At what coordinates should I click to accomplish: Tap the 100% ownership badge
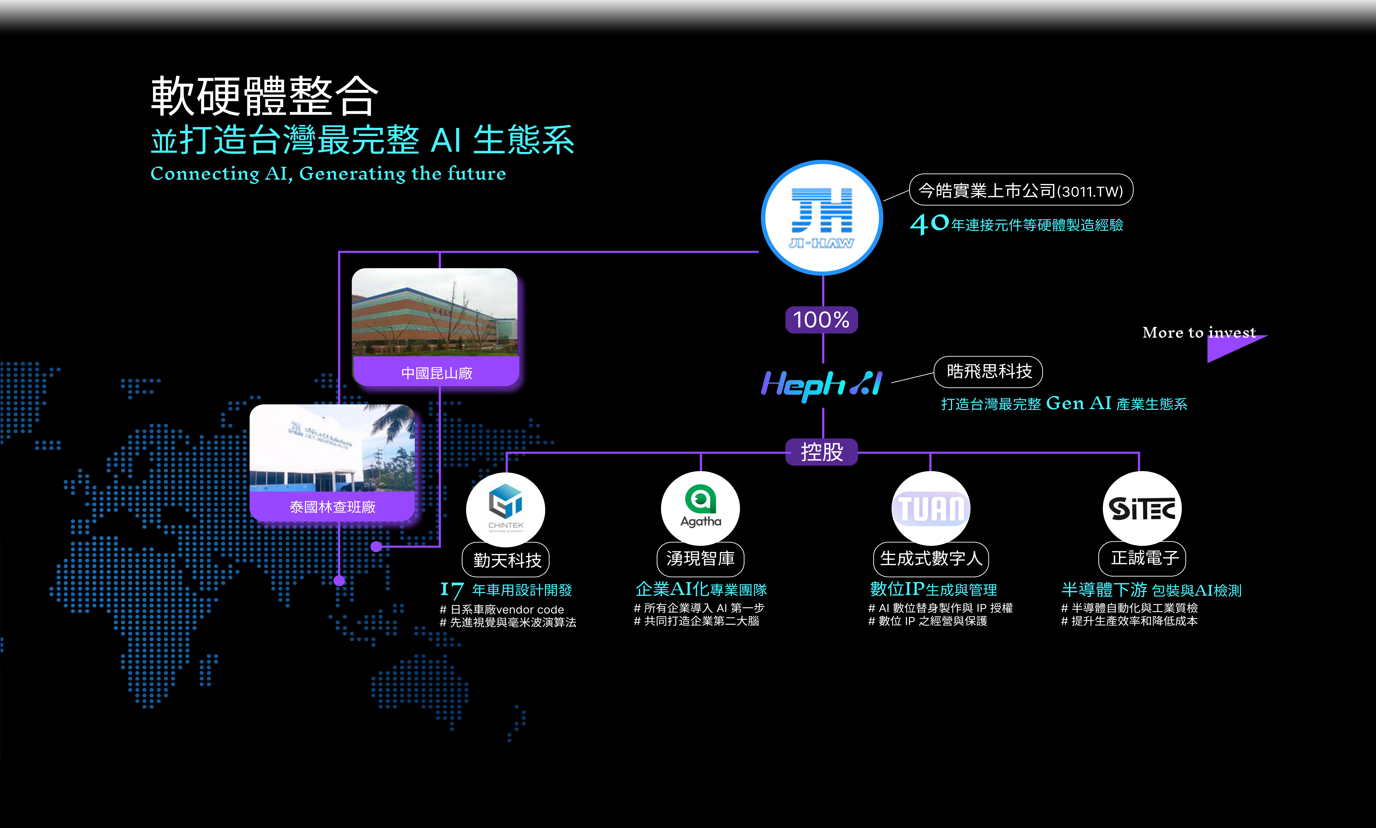coord(822,320)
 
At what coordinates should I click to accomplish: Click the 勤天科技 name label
coord(506,560)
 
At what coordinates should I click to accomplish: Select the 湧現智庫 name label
coord(701,559)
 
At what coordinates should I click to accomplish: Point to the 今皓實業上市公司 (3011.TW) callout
coord(1021,190)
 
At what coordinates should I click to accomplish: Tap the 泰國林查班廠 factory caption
coord(333,507)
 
